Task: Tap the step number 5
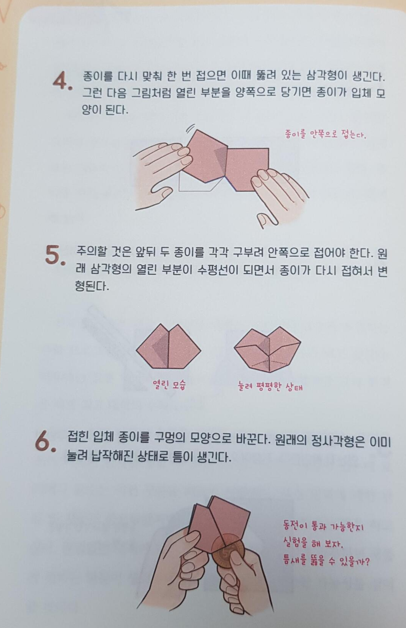[55, 255]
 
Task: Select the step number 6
[45, 442]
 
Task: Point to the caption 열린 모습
[169, 384]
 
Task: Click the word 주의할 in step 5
[91, 252]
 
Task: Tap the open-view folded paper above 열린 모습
[169, 346]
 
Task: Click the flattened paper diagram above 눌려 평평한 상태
[267, 349]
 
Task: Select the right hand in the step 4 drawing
[278, 196]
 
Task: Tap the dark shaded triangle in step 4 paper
[221, 160]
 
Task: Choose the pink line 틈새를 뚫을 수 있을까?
[326, 561]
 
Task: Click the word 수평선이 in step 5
[218, 270]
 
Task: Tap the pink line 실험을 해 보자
[313, 544]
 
